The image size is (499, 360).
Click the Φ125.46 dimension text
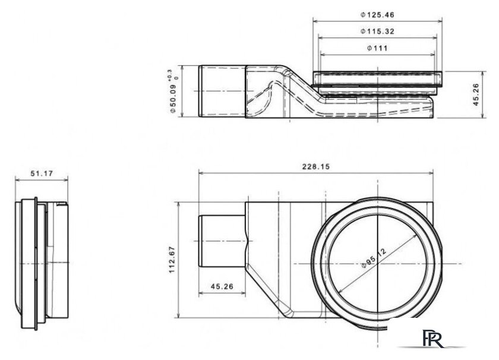pos(378,14)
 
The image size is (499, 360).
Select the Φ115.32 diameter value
pos(378,31)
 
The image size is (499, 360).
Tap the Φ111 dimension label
pos(378,48)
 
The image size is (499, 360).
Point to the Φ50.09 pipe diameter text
pos(172,98)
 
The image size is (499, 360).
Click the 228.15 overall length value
pos(315,167)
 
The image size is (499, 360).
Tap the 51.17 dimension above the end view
pos(41,173)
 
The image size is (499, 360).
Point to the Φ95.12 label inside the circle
pos(374,260)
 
